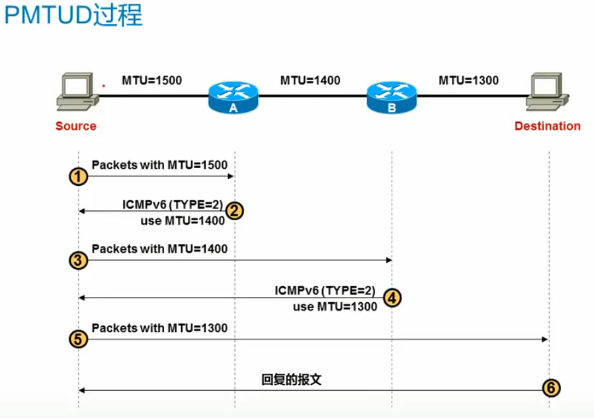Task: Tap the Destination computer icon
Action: pyautogui.click(x=547, y=93)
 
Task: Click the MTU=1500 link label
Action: pyautogui.click(x=151, y=81)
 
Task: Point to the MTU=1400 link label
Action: pyautogui.click(x=310, y=81)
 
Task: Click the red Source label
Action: pyautogui.click(x=76, y=126)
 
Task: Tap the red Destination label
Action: pyautogui.click(x=547, y=126)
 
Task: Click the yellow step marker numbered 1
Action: pyautogui.click(x=79, y=177)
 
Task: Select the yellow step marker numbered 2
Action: pyautogui.click(x=235, y=211)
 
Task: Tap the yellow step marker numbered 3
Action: pyautogui.click(x=79, y=260)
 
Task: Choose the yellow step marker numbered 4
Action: pyautogui.click(x=392, y=298)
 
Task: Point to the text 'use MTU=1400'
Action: pyautogui.click(x=183, y=221)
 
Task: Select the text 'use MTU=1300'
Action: pyautogui.click(x=335, y=306)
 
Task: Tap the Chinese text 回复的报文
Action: pyautogui.click(x=291, y=380)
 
